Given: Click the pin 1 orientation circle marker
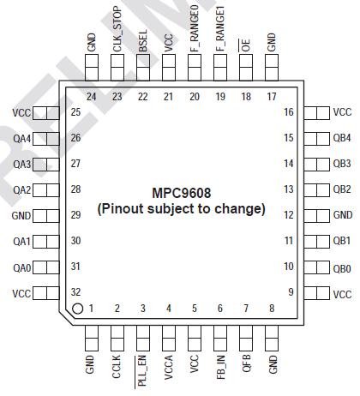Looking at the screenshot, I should point(77,309).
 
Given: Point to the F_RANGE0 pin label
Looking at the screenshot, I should point(195,28).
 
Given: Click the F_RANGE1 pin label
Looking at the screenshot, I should point(220,28).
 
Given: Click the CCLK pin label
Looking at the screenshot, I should point(117,363).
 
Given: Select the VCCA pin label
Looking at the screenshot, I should point(169,364).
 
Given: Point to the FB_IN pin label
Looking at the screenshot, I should point(220,365).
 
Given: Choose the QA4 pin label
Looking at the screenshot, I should point(22,138).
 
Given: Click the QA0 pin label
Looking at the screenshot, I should point(22,267).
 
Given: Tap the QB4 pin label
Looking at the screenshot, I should point(342,138).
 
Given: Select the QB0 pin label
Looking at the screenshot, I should point(342,267).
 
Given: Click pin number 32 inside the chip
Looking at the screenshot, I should point(76,293).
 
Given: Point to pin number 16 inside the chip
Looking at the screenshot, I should point(289,112).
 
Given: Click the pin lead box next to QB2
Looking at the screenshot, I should point(316,189).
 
